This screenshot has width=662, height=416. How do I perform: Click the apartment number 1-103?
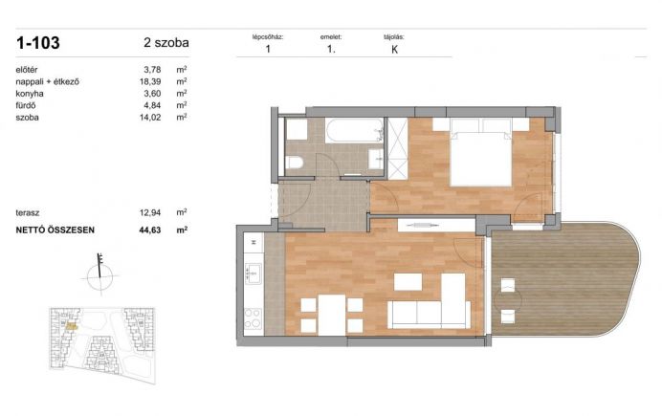[38, 43]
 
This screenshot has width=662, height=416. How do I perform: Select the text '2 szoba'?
[166, 43]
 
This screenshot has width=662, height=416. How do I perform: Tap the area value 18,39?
[150, 81]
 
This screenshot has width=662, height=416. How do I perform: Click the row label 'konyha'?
[30, 94]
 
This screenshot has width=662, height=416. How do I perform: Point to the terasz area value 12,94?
[150, 212]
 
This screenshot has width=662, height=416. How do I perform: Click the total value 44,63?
[150, 230]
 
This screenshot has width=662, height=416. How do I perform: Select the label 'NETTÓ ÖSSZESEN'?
[55, 230]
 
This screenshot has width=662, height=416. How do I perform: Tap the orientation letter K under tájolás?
[395, 50]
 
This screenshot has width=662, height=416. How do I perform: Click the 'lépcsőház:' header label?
[268, 37]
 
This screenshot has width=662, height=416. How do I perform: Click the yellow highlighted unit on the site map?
[72, 326]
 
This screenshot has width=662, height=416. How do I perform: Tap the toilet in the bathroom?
[295, 162]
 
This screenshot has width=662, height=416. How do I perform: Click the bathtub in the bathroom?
[354, 131]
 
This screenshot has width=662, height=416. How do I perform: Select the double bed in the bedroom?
[481, 153]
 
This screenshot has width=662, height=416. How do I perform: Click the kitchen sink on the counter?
[254, 274]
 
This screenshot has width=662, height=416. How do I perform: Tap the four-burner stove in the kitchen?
[254, 319]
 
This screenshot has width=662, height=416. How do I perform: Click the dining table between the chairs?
[332, 315]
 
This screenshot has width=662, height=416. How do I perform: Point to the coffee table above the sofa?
[408, 282]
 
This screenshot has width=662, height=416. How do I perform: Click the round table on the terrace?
[508, 301]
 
